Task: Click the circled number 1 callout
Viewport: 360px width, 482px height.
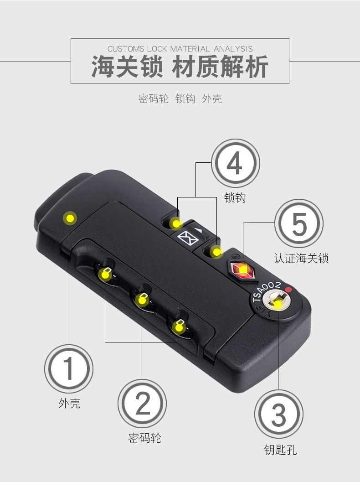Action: (x=69, y=368)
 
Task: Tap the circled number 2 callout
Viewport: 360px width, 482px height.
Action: (x=142, y=404)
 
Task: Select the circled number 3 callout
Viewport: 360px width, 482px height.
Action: (x=279, y=414)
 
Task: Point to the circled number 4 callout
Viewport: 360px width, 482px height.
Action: (x=235, y=163)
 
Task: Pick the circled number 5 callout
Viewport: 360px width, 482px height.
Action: (x=299, y=223)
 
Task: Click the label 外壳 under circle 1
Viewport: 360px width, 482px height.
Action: (x=69, y=403)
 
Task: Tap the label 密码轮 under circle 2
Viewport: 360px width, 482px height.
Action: (x=144, y=438)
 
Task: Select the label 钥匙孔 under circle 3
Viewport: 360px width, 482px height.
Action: (x=281, y=450)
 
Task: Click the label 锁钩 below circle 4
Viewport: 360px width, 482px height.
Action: (x=235, y=197)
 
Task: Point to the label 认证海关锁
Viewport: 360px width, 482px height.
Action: (x=301, y=258)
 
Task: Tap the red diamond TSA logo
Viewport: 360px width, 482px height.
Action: (x=243, y=270)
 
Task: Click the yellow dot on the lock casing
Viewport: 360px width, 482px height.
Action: (x=70, y=218)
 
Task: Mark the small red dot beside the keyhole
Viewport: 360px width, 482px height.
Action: (x=288, y=290)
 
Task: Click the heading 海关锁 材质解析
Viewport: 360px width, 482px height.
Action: (x=180, y=67)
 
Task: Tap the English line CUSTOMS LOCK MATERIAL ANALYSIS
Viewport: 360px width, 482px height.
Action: (x=180, y=49)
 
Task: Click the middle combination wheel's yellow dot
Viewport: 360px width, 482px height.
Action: (x=142, y=301)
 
